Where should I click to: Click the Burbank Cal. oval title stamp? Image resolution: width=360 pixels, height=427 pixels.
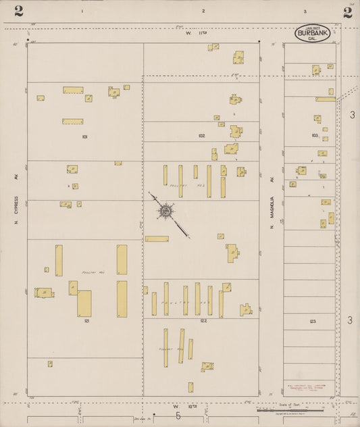point(312,33)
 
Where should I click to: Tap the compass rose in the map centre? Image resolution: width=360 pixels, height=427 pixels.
point(165,211)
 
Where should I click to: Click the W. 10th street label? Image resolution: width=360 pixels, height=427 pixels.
point(181,406)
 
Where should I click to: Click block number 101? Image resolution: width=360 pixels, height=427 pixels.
point(84,136)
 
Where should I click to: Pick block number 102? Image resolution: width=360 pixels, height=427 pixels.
point(201,136)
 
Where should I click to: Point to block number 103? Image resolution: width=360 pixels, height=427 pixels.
point(314,136)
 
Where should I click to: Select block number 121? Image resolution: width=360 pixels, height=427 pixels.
point(87,322)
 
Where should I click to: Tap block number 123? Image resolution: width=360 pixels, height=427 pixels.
point(312,322)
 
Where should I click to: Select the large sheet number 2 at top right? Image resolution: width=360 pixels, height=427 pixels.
point(347,11)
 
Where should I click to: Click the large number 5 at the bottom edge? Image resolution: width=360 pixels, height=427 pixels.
point(178,416)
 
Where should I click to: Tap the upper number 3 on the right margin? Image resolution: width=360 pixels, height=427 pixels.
point(352,115)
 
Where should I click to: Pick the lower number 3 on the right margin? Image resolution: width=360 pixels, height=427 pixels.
point(350,320)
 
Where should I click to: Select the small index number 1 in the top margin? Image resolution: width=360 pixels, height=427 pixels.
point(82,11)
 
